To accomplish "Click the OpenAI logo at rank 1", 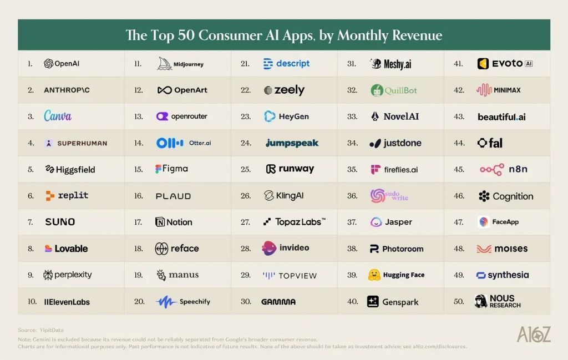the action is click(62, 63).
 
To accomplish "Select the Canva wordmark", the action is click(58, 116).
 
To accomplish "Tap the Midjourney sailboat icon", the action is click(164, 63).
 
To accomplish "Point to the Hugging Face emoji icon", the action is click(374, 275).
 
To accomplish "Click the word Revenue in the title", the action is click(417, 35).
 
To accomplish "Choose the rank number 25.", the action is click(246, 169).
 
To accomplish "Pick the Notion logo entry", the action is click(174, 222).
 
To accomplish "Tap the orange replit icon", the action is click(50, 196).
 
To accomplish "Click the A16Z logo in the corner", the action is click(534, 334).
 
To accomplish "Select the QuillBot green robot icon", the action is click(377, 90).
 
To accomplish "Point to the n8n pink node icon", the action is click(491, 169).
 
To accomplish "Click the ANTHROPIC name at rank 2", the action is click(67, 90).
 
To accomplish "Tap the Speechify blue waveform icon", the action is click(166, 302).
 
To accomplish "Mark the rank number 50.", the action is click(459, 301).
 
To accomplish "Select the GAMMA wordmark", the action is click(278, 302).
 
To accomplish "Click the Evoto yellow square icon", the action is click(483, 64).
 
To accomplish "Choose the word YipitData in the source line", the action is click(52, 330).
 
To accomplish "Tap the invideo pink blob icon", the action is click(269, 248).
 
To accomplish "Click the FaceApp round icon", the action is click(483, 222).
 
